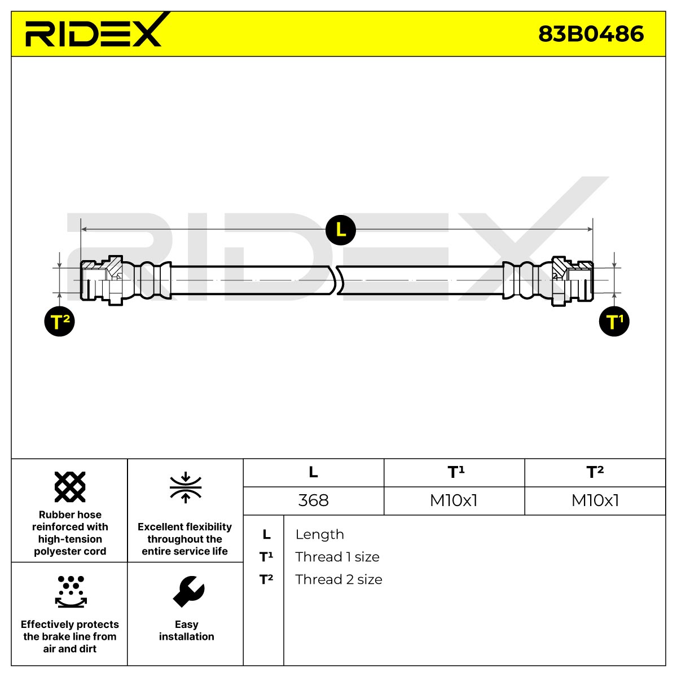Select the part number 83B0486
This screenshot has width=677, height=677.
[591, 34]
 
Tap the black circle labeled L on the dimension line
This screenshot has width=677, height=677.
[340, 230]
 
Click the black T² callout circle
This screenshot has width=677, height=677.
[59, 321]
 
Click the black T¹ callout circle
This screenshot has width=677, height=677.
[614, 321]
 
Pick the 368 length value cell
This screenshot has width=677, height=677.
[313, 500]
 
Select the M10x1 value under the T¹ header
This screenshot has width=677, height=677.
[454, 500]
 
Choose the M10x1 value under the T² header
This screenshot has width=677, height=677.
[595, 500]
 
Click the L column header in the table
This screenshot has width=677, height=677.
[313, 472]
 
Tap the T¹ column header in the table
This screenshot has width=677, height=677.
[456, 472]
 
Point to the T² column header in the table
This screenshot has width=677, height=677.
[595, 472]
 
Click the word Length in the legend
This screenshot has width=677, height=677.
[320, 534]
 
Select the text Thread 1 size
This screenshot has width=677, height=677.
[337, 557]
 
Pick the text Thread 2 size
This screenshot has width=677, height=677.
[338, 579]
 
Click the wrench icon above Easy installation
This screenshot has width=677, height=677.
[188, 592]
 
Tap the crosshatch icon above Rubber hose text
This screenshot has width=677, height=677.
[70, 487]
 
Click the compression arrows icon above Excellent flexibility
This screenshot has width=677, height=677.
[186, 487]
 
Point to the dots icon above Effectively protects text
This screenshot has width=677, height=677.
[71, 592]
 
